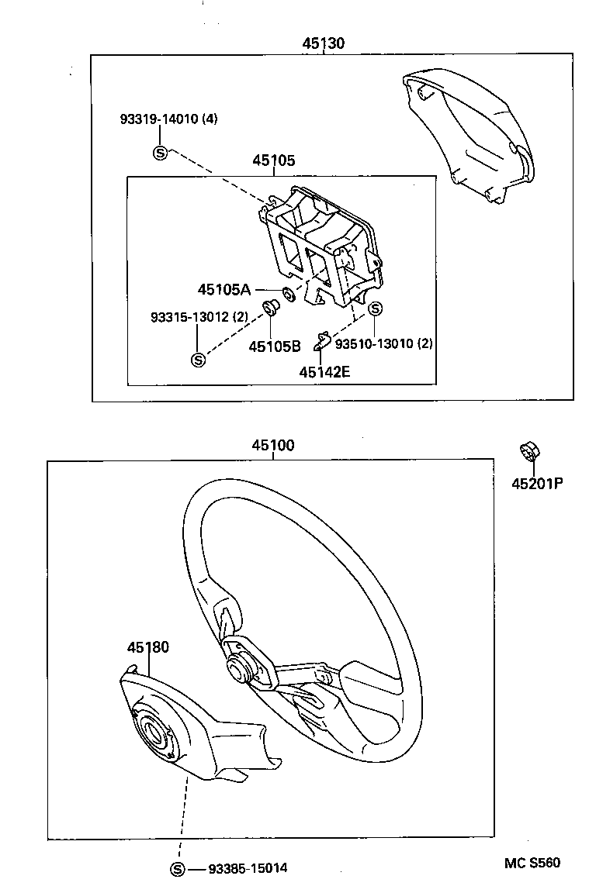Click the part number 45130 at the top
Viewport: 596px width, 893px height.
tap(323, 43)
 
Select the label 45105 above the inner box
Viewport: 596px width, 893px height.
tap(273, 160)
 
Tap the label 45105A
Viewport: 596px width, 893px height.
tap(223, 289)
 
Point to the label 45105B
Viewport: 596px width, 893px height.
tap(274, 347)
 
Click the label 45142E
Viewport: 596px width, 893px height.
tap(324, 371)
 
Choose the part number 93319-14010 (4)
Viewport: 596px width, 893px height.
tap(168, 119)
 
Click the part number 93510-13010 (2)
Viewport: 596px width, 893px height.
tap(383, 343)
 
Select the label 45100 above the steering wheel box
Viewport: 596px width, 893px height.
tap(272, 446)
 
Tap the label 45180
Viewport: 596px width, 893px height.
tap(148, 647)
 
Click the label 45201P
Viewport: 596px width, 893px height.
tap(536, 484)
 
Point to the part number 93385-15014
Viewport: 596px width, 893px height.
tap(248, 868)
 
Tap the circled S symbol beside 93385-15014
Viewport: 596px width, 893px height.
tap(178, 869)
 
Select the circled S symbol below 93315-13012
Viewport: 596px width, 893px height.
tap(198, 360)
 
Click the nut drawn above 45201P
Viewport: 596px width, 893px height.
tap(530, 450)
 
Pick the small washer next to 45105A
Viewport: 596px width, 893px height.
tap(287, 294)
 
